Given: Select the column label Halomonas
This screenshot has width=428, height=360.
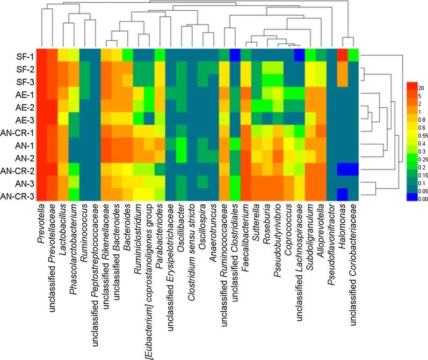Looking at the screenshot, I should [x=343, y=226].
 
